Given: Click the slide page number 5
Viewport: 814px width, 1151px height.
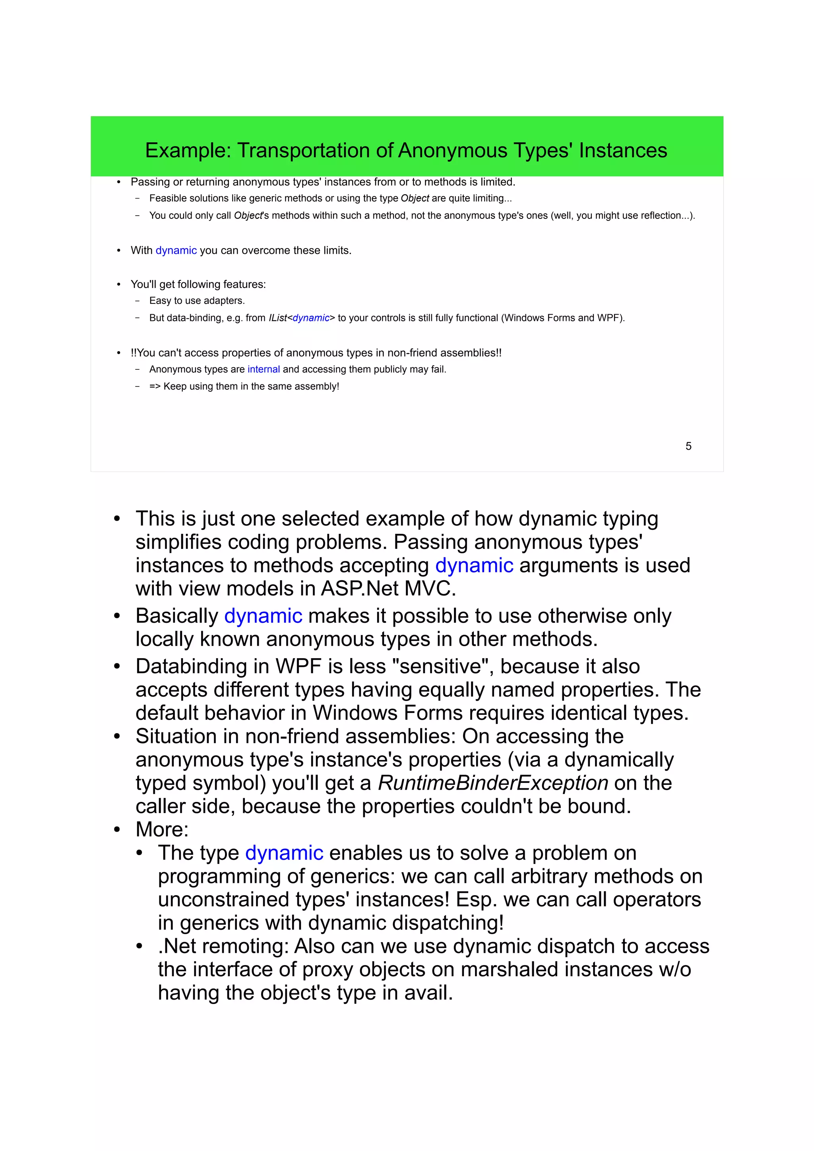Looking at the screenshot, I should pyautogui.click(x=688, y=446).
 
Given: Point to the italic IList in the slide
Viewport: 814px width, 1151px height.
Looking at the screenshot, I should pyautogui.click(x=278, y=318).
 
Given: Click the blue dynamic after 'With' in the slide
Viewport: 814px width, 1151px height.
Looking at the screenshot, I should pyautogui.click(x=176, y=250).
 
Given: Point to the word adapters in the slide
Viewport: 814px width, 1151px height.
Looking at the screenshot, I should pyautogui.click(x=224, y=301).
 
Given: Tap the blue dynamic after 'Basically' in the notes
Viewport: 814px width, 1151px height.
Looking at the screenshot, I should pyautogui.click(x=263, y=616).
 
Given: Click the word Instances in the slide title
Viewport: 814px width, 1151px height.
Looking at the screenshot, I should pyautogui.click(x=622, y=151).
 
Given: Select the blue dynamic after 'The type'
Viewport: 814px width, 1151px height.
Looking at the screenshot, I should pyautogui.click(x=284, y=853).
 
